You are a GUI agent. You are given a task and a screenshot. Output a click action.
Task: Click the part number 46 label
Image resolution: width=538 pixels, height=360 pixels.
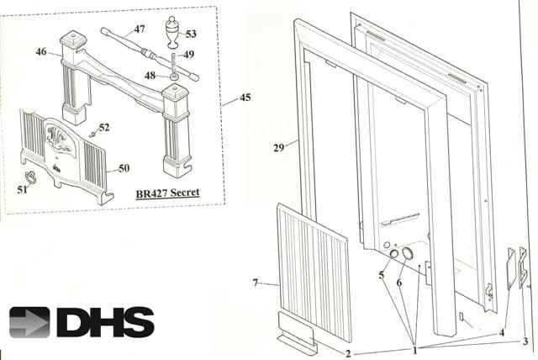pyautogui.click(x=40, y=52)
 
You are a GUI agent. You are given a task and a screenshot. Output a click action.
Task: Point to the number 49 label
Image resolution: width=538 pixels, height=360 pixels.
pyautogui.click(x=188, y=56)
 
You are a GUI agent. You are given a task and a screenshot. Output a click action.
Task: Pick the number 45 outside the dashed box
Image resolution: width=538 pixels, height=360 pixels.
pyautogui.click(x=245, y=98)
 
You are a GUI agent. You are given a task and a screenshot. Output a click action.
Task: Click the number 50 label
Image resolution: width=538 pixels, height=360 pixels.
pyautogui.click(x=123, y=168)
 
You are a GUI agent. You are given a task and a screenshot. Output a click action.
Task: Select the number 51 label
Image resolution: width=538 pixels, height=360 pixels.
pyautogui.click(x=22, y=190)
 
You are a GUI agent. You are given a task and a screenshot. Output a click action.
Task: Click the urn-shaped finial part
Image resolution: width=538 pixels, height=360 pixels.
pyautogui.click(x=171, y=34)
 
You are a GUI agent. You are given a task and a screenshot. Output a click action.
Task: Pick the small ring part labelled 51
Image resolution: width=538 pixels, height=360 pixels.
pyautogui.click(x=31, y=176)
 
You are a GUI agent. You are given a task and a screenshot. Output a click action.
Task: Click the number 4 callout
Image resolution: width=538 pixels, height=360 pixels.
pyautogui.click(x=502, y=331)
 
